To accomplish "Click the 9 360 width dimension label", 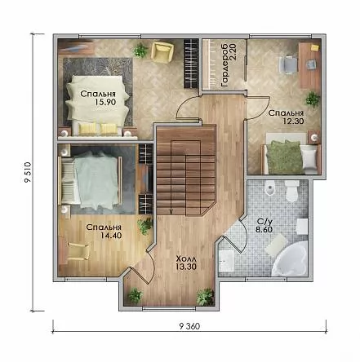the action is [189, 326].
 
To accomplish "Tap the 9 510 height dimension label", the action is [29, 172].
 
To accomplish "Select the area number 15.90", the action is [105, 102].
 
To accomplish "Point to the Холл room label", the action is [186, 258].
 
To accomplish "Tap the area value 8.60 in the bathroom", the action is [264, 230].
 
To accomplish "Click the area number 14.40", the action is [111, 236].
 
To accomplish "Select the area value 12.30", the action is [293, 121].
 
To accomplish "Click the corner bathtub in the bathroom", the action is [291, 258].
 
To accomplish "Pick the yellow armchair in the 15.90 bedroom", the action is [162, 51].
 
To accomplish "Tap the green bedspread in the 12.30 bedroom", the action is [284, 157].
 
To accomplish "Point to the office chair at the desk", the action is [287, 64].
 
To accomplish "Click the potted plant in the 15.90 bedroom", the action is [140, 50].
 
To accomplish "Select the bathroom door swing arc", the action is [243, 235].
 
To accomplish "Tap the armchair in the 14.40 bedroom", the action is [78, 251].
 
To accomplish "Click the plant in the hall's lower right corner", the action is [205, 297].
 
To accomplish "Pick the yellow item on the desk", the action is [314, 47].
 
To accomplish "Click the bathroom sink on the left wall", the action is [226, 261].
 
